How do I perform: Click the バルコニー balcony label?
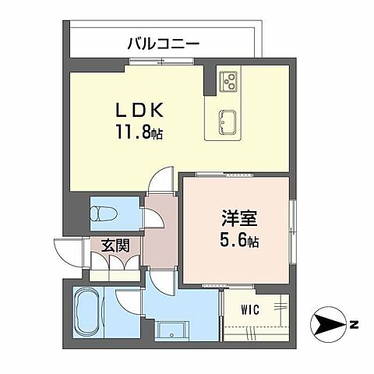coord(163,44)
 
